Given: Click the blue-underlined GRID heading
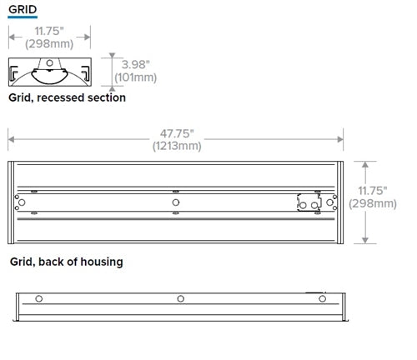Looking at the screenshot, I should (x=23, y=10).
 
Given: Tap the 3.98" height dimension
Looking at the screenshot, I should (x=135, y=63).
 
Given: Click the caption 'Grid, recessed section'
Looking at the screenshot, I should (x=67, y=97).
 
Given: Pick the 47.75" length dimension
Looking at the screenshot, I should (x=177, y=132).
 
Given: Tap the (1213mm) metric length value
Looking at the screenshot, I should (x=177, y=146).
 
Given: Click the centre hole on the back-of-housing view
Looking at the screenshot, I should (x=175, y=202).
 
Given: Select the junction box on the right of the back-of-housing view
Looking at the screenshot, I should (x=309, y=202).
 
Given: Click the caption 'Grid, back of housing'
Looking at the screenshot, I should (x=66, y=262).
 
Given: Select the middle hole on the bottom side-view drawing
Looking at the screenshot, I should (x=179, y=297).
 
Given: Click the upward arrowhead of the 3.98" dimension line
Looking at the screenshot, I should (x=112, y=58).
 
